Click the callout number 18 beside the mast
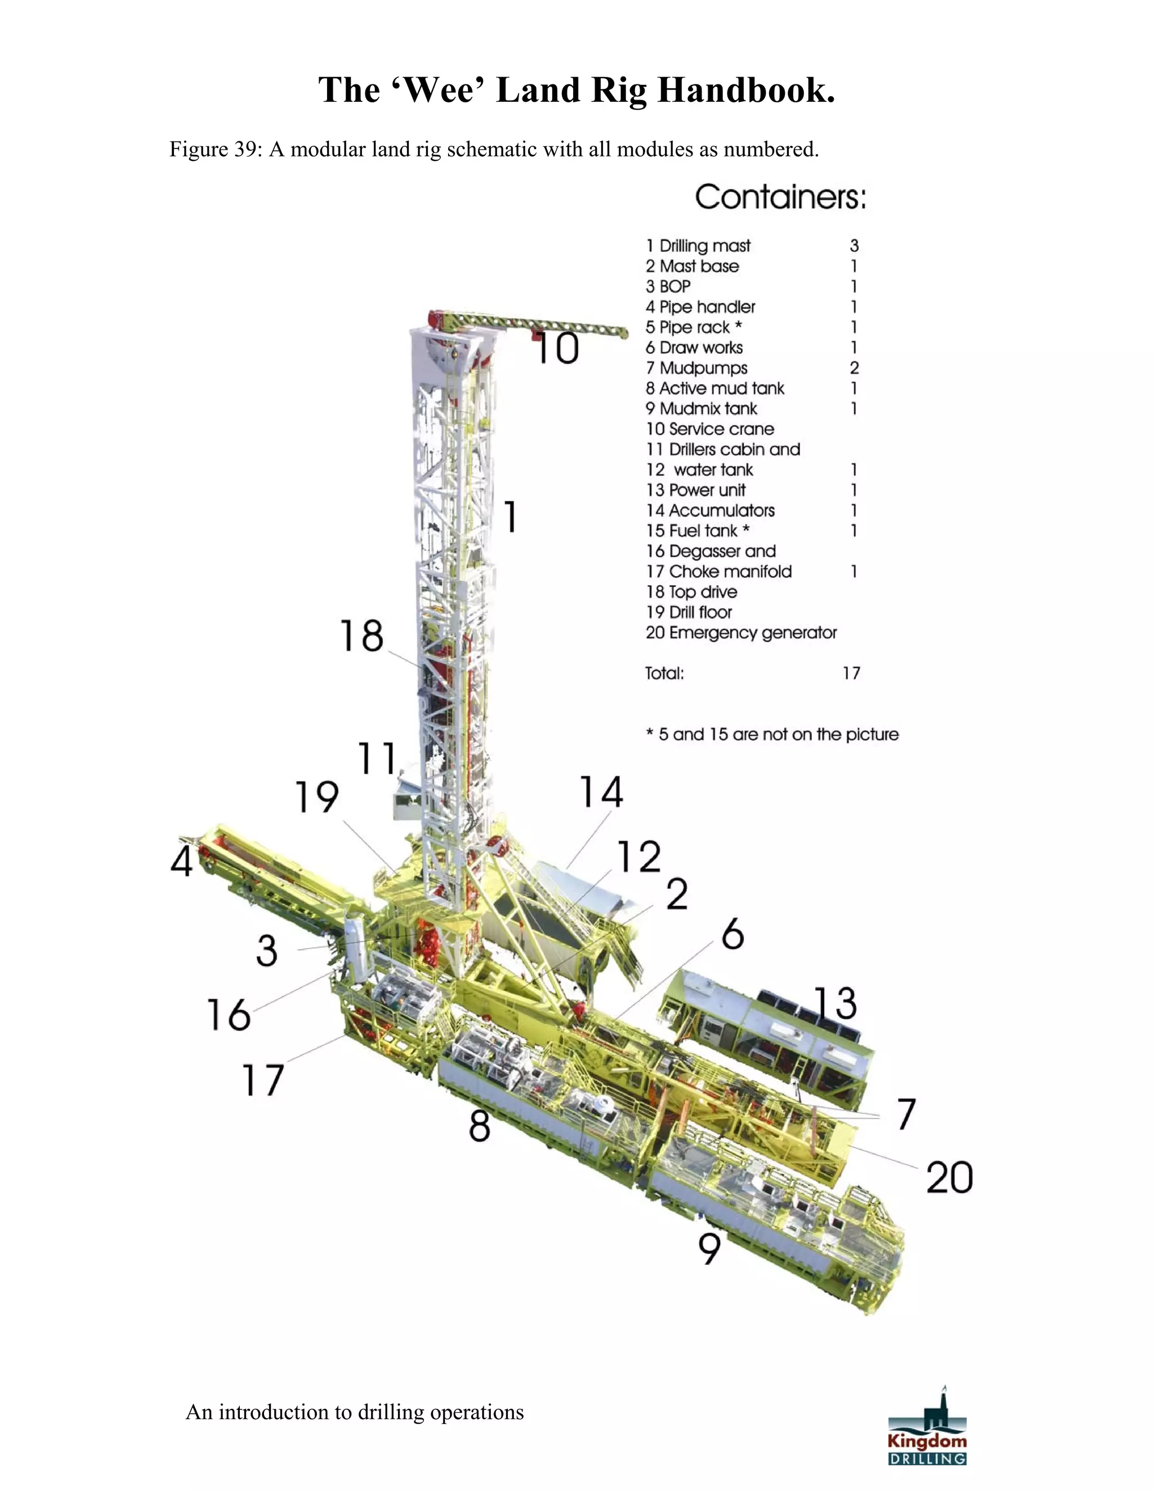361,636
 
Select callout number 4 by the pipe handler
182,861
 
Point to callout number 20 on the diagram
949,1177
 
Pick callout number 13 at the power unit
835,1003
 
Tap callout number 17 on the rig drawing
263,1080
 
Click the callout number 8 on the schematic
480,1125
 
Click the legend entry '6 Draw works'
694,348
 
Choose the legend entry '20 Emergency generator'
741,633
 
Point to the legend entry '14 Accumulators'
710,511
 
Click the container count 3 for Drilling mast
854,246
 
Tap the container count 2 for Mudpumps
854,368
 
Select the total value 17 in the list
851,673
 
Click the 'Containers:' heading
781,197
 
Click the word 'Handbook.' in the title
746,90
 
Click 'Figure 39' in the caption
212,149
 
